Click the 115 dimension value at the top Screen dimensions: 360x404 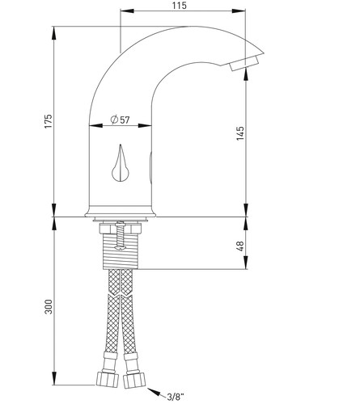click(179, 6)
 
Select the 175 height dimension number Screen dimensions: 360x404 click(48, 121)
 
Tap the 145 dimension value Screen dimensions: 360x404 click(240, 133)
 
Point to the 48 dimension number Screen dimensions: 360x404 click(240, 246)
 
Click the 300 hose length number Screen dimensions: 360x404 click(49, 306)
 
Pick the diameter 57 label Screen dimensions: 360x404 click(121, 120)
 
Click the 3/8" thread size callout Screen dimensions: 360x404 click(176, 397)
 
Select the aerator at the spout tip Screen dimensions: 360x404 click(244, 63)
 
